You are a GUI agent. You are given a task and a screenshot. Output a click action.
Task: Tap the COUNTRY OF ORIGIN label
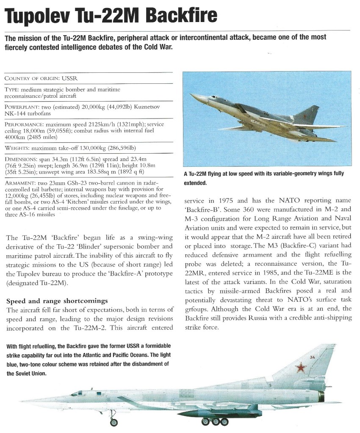pos(32,79)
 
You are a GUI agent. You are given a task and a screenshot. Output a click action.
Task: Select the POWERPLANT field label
pos(21,108)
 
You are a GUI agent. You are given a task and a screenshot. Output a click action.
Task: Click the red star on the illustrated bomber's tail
pos(301,367)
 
